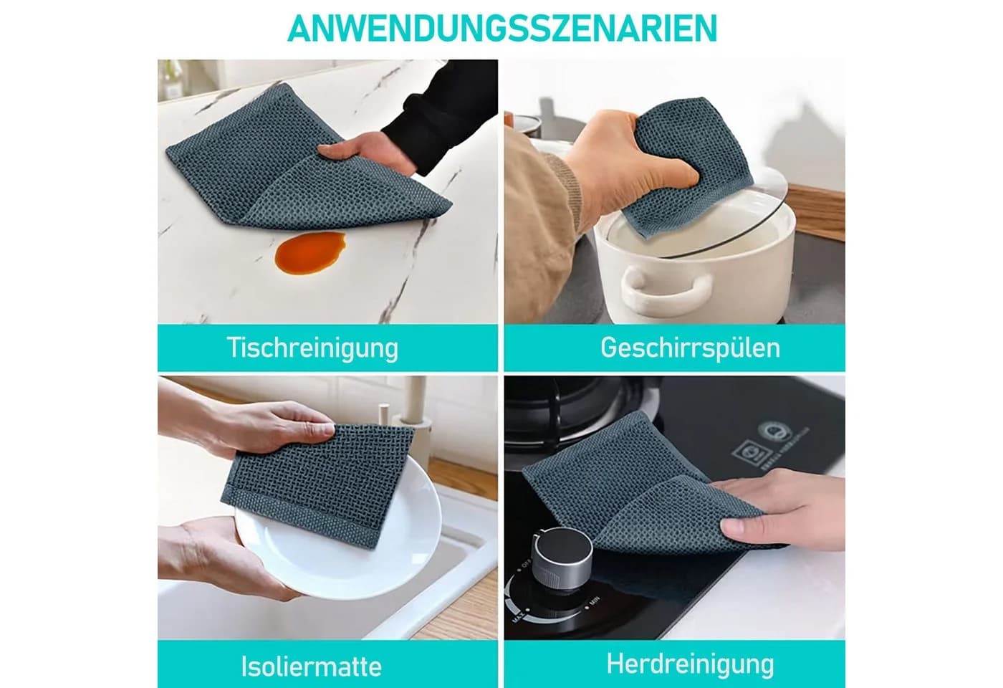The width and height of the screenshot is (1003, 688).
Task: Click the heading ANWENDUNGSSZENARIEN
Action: point(502,28)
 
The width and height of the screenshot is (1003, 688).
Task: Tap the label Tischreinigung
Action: point(312,348)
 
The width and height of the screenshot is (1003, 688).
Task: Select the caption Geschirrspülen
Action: point(690,348)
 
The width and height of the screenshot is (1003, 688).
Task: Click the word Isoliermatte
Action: point(311,667)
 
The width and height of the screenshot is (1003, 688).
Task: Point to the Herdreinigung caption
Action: point(690,664)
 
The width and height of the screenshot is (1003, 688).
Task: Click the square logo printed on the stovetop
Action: point(747,451)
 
